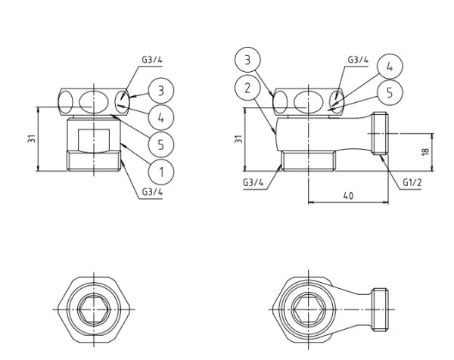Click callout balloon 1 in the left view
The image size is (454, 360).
click(160, 171)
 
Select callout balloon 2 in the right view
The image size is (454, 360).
click(247, 87)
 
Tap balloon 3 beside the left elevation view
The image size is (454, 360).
click(161, 91)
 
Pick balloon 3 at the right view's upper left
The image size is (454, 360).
click(247, 59)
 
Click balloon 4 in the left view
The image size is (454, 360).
click(161, 117)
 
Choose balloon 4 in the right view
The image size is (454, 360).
click(389, 67)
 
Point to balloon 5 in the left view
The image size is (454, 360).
click(161, 144)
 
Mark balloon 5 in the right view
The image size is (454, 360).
click(389, 92)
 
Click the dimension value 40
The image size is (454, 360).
click(348, 195)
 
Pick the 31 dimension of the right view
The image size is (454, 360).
click(238, 140)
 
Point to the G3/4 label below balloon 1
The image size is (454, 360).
click(152, 192)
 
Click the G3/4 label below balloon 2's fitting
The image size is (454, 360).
click(254, 182)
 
